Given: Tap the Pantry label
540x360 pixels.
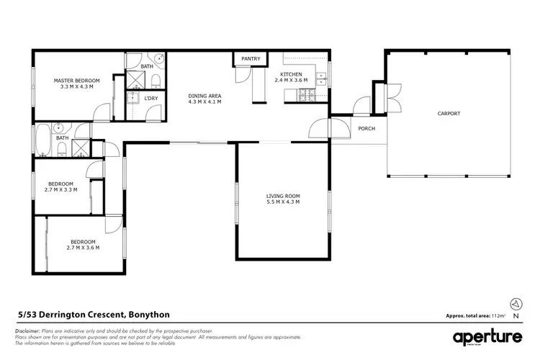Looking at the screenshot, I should tap(251, 58).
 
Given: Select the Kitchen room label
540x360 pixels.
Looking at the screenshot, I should tap(292, 77).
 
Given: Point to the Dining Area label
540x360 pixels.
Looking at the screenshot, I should tap(204, 99).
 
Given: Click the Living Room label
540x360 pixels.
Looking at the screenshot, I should tap(282, 199).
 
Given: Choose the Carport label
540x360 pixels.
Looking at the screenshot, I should tap(449, 114).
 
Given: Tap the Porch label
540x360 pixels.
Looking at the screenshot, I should tap(366, 129).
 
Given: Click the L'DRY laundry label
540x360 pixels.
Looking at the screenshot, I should tap(150, 98).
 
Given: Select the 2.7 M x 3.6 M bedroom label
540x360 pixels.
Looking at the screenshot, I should tap(82, 244).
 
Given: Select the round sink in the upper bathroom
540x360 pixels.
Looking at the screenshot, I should tap(159, 59).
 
